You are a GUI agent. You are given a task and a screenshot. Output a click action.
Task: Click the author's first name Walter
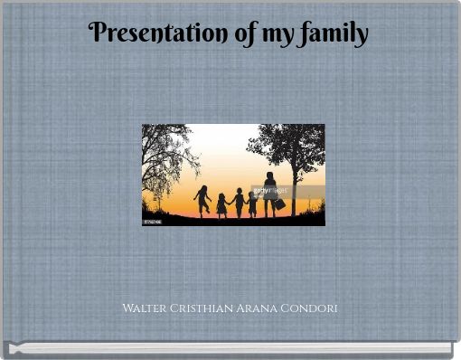pos(145,308)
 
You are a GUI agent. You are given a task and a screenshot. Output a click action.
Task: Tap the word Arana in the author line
pos(258,308)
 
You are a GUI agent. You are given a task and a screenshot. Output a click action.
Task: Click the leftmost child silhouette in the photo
pos(202,200)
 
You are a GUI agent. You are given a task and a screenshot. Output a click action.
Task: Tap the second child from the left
pos(221,205)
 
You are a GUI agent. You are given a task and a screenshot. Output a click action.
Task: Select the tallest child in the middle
pos(239,202)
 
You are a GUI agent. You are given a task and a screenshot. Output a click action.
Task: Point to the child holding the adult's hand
pos(253,204)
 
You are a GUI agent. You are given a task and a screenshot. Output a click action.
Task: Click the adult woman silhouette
pos(270,194)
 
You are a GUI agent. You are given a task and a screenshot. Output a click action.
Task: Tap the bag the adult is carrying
pos(280,204)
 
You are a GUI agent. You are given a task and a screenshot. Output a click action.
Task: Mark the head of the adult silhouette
pos(269,175)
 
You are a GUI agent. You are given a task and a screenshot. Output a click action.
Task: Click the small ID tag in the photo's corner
pos(153,220)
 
